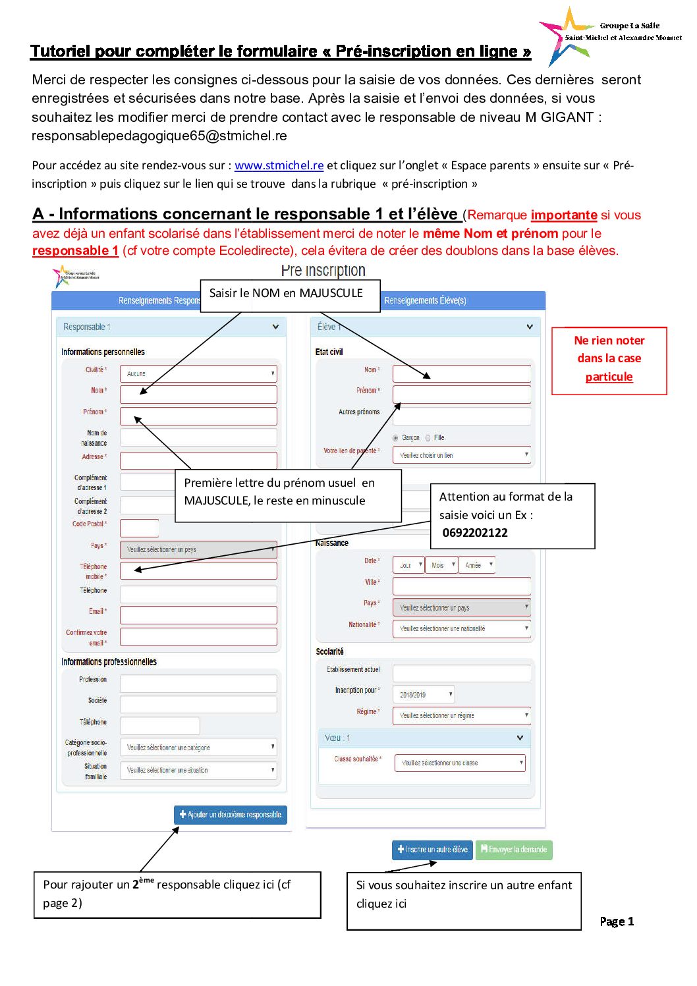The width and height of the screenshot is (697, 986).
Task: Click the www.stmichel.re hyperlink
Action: pos(279,165)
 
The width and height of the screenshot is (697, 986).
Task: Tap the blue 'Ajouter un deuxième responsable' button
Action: pos(231,815)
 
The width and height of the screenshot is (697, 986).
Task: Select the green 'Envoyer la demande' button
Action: pos(514,850)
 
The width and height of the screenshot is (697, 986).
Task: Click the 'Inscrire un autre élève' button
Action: pos(432,850)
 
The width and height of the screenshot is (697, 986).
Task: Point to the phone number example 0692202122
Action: pos(475,533)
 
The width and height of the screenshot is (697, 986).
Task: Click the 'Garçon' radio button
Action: pos(395,438)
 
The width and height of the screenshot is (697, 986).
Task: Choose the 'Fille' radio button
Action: pos(428,438)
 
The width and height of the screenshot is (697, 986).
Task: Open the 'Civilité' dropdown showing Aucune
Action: pos(198,373)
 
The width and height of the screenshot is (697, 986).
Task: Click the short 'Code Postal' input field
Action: pos(139,528)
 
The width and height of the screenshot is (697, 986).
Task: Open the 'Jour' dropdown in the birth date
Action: pos(408,565)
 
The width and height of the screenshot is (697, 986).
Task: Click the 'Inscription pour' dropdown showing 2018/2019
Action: pos(424,694)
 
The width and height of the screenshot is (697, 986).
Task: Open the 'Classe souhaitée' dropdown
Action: pos(460,763)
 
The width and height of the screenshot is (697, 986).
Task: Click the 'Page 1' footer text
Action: pos(617,921)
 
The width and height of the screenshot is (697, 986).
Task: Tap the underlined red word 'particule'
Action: pos(609,377)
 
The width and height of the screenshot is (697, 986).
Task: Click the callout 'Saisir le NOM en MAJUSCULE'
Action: pos(286,293)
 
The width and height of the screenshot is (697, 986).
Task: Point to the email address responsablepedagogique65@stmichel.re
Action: pos(159,136)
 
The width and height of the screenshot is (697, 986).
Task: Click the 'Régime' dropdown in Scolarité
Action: pos(462,715)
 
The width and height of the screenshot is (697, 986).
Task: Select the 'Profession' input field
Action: pos(198,683)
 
